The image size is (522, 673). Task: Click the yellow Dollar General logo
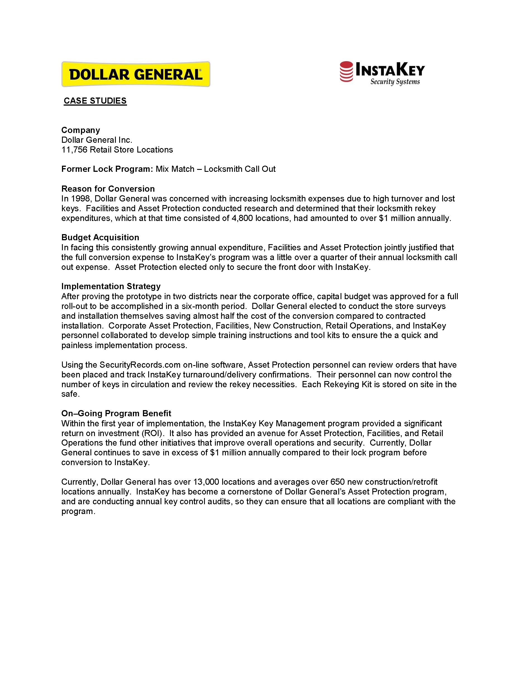click(136, 74)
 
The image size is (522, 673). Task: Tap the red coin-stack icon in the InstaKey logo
click(346, 72)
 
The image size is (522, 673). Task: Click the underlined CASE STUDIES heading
click(95, 101)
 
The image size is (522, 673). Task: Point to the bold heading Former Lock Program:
click(107, 169)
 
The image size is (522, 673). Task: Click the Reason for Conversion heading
click(108, 189)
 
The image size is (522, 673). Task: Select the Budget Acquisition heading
click(100, 237)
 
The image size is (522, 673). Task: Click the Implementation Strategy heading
click(111, 286)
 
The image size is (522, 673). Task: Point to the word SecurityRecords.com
click(140, 365)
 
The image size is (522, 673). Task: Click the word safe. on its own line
click(71, 394)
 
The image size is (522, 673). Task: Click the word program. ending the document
click(78, 512)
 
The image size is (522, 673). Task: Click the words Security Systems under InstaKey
click(395, 82)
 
